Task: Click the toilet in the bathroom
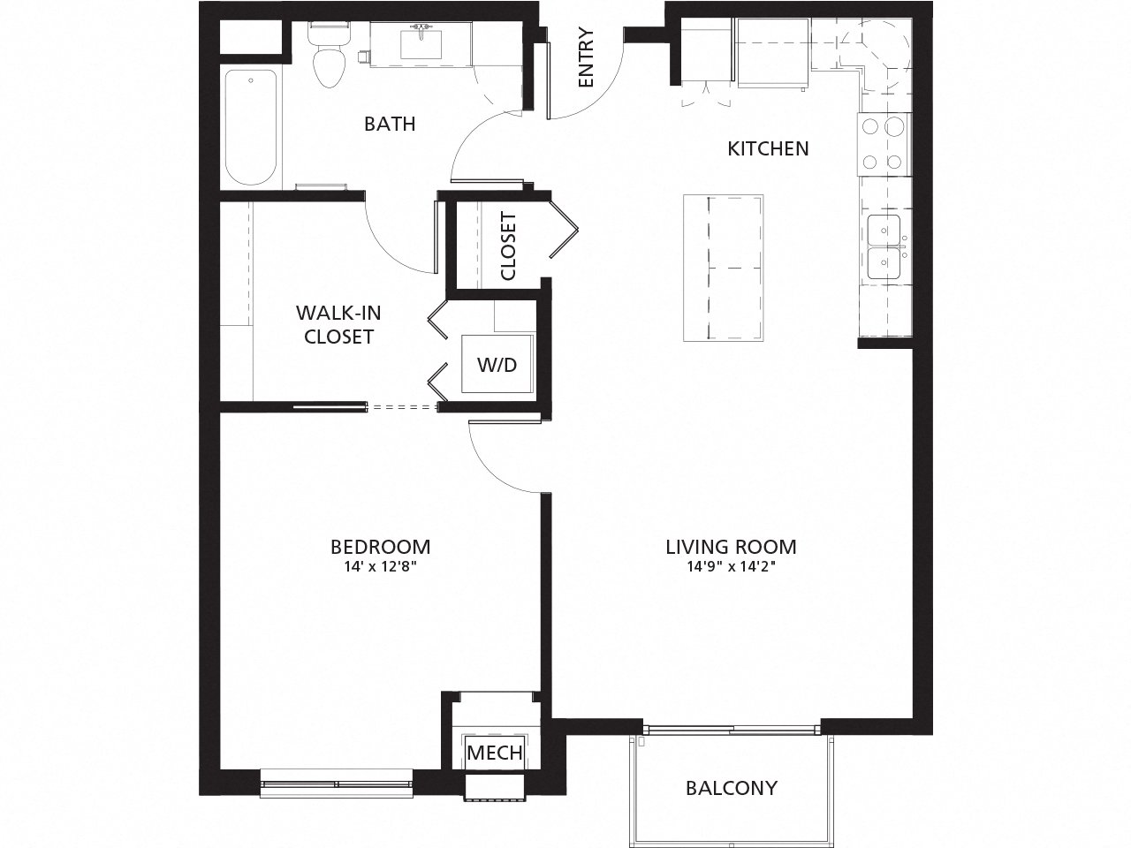(x=329, y=58)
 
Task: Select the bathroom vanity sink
(x=421, y=42)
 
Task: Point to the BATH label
(x=390, y=124)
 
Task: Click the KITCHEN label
(x=768, y=148)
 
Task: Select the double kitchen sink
(x=884, y=247)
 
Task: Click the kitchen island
(x=723, y=268)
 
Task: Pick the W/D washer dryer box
(x=497, y=364)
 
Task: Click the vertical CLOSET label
(x=508, y=246)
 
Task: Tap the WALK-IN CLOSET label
(x=338, y=324)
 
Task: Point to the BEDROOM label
(x=380, y=546)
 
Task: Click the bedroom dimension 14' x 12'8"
(x=380, y=568)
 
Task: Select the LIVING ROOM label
(x=731, y=546)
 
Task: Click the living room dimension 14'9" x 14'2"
(x=731, y=568)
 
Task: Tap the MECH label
(x=495, y=753)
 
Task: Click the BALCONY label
(x=732, y=787)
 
